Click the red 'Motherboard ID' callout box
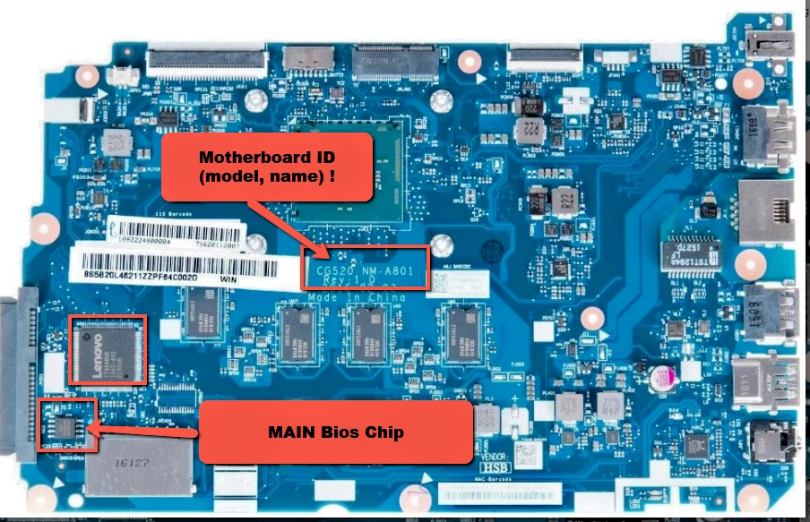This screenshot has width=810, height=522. coord(267,167)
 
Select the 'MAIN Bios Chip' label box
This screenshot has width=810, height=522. coord(335,432)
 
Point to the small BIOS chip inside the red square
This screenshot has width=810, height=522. coord(68,424)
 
